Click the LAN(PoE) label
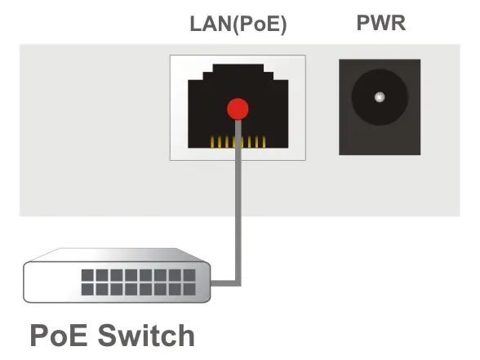click(238, 24)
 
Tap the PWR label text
click(381, 23)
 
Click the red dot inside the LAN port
click(238, 109)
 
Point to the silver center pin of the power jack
click(380, 97)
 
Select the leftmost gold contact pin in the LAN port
click(212, 142)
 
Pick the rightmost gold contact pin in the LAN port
click(264, 142)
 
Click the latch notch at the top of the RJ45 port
click(238, 68)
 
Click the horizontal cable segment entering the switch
click(224, 283)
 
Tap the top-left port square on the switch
click(87, 275)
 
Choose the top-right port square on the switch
click(189, 275)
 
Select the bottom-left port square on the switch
click(87, 289)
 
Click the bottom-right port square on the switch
click(189, 289)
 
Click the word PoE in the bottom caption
click(59, 336)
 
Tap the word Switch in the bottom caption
click(146, 336)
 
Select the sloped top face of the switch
click(116, 255)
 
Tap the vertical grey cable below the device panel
click(238, 248)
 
